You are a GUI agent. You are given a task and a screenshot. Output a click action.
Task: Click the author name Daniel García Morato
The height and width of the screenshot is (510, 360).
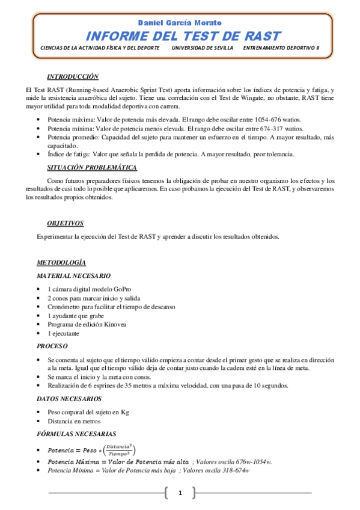tap(180, 22)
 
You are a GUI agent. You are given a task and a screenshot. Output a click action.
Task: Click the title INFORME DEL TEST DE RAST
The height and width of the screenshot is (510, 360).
tap(180, 35)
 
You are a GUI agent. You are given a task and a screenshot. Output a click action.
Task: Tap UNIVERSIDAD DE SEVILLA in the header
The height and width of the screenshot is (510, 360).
tap(201, 48)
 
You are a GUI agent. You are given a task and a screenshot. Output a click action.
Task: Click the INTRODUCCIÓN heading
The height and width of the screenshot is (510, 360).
tap(73, 77)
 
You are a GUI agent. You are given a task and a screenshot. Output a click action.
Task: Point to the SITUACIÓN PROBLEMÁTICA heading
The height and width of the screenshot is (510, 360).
tap(92, 168)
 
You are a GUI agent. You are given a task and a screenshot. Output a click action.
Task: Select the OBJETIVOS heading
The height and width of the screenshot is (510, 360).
tap(65, 223)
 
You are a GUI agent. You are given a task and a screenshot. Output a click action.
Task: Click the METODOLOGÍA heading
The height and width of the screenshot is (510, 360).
tap(61, 263)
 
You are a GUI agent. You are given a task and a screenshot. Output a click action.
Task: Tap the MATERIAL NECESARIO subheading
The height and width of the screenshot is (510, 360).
tap(73, 275)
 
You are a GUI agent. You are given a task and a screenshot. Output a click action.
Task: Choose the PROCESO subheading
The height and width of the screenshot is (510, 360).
tap(52, 346)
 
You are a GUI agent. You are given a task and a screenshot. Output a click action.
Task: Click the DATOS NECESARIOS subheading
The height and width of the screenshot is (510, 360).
tap(68, 399)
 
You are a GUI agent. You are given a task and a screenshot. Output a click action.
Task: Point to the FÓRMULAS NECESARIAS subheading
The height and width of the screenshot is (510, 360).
tap(76, 434)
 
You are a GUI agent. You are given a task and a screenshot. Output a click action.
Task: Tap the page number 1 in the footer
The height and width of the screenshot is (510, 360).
tap(179, 493)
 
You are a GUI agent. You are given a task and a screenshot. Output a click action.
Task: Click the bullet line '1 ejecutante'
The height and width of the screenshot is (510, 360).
tap(63, 333)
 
